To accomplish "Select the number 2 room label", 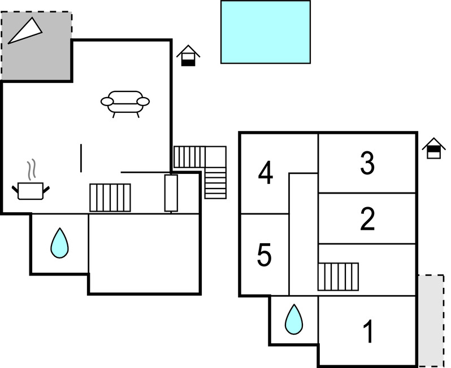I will point(368,219).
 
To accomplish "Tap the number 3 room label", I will point(367,163).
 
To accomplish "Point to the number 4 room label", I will point(265,173).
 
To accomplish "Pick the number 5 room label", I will point(264,255).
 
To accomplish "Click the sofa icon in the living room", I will point(125,103).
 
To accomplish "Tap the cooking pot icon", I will point(31,190).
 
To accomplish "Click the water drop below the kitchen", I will point(59,243).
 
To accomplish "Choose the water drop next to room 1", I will point(294,319).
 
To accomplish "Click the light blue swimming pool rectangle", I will point(265,32).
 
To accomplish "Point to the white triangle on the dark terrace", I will point(24,31).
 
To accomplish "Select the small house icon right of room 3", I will point(433,148).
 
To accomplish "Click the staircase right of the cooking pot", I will point(110,198).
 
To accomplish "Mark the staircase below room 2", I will point(338,276).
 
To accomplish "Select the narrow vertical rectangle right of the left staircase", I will point(171,193).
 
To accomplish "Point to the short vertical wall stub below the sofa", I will point(81,158).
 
